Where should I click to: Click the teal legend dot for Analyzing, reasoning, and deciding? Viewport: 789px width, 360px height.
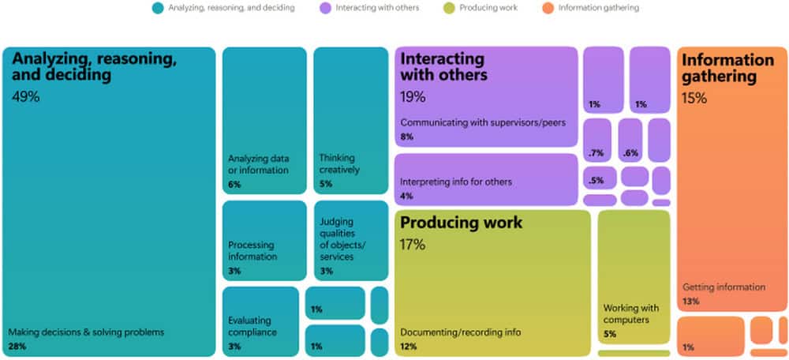click(x=158, y=8)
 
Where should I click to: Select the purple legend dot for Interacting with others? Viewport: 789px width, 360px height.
click(x=326, y=8)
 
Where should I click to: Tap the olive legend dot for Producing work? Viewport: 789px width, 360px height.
click(x=450, y=8)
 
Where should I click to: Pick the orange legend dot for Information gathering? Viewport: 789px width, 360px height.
click(x=548, y=8)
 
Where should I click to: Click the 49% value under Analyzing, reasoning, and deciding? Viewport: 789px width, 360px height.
click(x=26, y=96)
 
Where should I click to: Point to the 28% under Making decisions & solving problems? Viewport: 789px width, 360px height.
click(x=17, y=347)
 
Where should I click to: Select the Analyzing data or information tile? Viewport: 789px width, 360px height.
click(x=264, y=120)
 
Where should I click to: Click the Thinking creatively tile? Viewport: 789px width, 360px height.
click(x=351, y=120)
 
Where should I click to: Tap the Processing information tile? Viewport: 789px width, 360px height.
click(x=264, y=241)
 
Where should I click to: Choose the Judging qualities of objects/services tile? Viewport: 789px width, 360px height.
click(x=351, y=241)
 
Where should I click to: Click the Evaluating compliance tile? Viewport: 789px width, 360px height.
click(x=260, y=322)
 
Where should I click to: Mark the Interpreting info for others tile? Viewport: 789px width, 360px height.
click(x=486, y=180)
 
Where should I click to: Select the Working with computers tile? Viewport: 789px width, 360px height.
click(x=634, y=277)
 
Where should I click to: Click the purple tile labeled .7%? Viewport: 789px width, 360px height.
click(x=597, y=141)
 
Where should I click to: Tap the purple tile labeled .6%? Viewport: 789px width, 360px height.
click(x=630, y=141)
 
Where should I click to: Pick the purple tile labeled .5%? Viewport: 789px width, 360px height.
click(x=600, y=178)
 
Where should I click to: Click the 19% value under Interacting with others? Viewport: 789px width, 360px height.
click(x=413, y=96)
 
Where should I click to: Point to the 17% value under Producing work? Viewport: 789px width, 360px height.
click(x=413, y=245)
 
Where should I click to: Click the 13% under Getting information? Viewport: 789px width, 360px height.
click(x=691, y=302)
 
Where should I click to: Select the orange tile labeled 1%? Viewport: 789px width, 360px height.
click(x=711, y=337)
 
